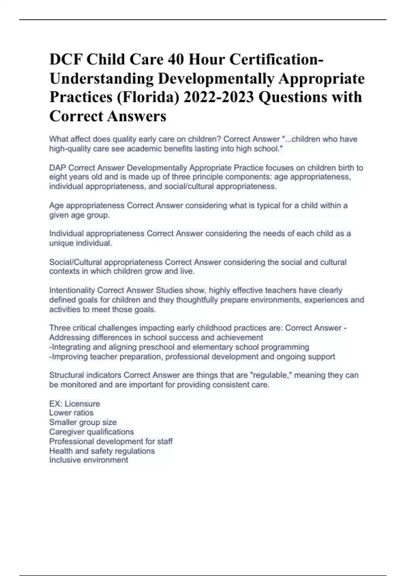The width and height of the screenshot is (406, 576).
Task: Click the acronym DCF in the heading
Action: coord(66,60)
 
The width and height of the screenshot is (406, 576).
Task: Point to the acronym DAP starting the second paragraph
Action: coord(58,168)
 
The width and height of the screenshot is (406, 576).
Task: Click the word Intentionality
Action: coord(72,290)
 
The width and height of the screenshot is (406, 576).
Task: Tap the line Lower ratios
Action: coord(71,413)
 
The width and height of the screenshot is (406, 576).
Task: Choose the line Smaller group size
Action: coord(83,422)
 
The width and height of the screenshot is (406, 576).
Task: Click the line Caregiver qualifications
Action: coord(91,432)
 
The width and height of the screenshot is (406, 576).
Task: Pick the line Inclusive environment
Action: coord(89,460)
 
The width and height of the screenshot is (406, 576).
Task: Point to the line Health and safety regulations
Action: coord(102,451)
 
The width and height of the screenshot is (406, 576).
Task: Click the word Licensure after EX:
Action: coord(82,404)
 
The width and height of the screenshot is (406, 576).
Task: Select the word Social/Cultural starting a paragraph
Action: coord(75,262)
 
